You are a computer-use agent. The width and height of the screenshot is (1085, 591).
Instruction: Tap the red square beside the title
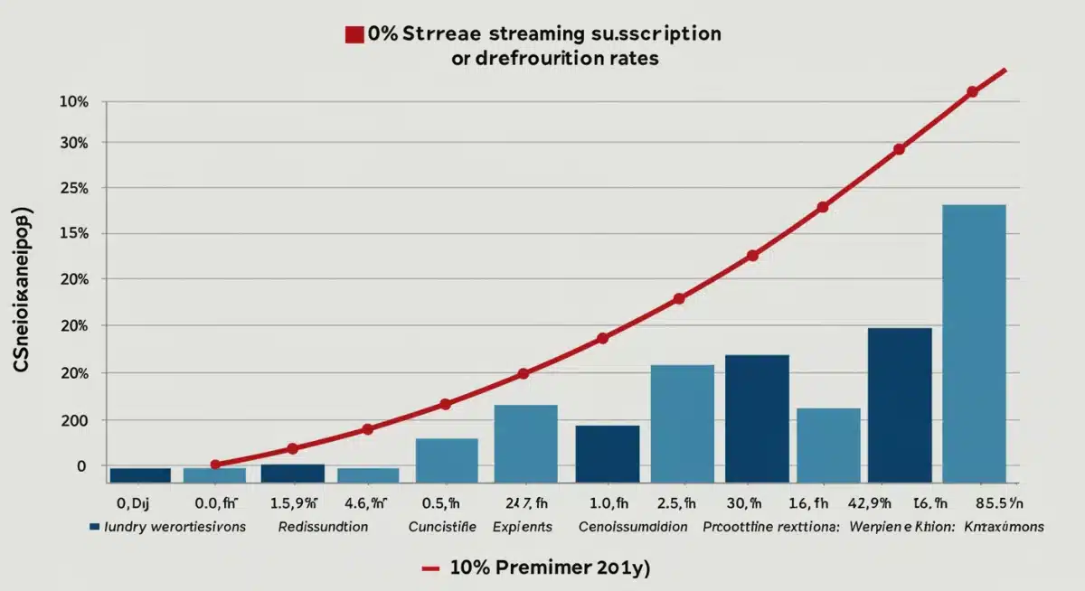(x=354, y=35)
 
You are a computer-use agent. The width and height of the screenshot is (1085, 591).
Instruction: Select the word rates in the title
(x=631, y=57)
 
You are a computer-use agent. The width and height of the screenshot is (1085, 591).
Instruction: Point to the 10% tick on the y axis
(x=73, y=102)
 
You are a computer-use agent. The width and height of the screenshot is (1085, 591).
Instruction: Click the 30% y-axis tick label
(x=73, y=143)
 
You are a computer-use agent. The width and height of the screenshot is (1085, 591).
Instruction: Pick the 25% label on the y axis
(x=73, y=189)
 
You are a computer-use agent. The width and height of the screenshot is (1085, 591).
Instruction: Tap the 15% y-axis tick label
(x=73, y=234)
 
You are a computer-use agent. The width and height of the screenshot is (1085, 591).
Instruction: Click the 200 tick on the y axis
(x=74, y=420)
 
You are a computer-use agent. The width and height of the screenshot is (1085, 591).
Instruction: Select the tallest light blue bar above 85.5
(x=974, y=343)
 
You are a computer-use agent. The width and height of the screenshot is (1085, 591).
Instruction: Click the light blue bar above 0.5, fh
(x=447, y=460)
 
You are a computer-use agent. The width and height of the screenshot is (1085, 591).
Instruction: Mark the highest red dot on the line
(x=972, y=91)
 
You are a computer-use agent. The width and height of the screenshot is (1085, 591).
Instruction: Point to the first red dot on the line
(x=215, y=464)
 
